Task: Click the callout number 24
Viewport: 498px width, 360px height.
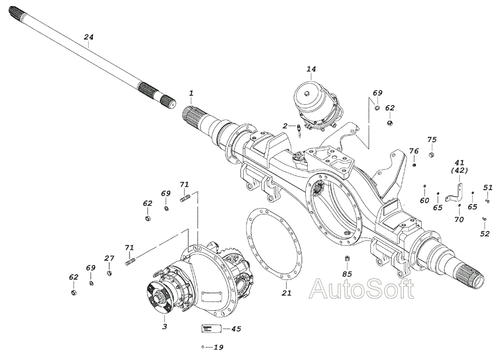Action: coord(89,37)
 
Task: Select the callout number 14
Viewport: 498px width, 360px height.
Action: coord(311,69)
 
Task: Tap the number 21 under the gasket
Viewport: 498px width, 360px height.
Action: coord(286,293)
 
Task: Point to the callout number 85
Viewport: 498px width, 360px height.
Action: coord(347,274)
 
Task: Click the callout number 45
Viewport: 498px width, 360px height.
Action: coord(236,329)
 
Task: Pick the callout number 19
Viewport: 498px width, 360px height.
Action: coord(219,347)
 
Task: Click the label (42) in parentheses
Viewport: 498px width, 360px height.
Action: coord(459,170)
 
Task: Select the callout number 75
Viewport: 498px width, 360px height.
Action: coord(432,140)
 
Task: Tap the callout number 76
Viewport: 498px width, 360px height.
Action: coord(414,151)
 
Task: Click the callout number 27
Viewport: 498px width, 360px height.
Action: coord(109,258)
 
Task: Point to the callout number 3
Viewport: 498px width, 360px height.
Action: coord(164,326)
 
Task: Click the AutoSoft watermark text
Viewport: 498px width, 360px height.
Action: coord(362,289)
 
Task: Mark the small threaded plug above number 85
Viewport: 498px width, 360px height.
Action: coord(347,259)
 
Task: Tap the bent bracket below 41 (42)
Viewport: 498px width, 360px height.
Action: coord(454,193)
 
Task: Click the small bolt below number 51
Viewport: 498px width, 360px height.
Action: coord(484,219)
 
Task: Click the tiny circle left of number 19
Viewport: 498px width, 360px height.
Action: coord(203,347)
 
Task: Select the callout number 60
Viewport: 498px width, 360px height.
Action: coord(424,201)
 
